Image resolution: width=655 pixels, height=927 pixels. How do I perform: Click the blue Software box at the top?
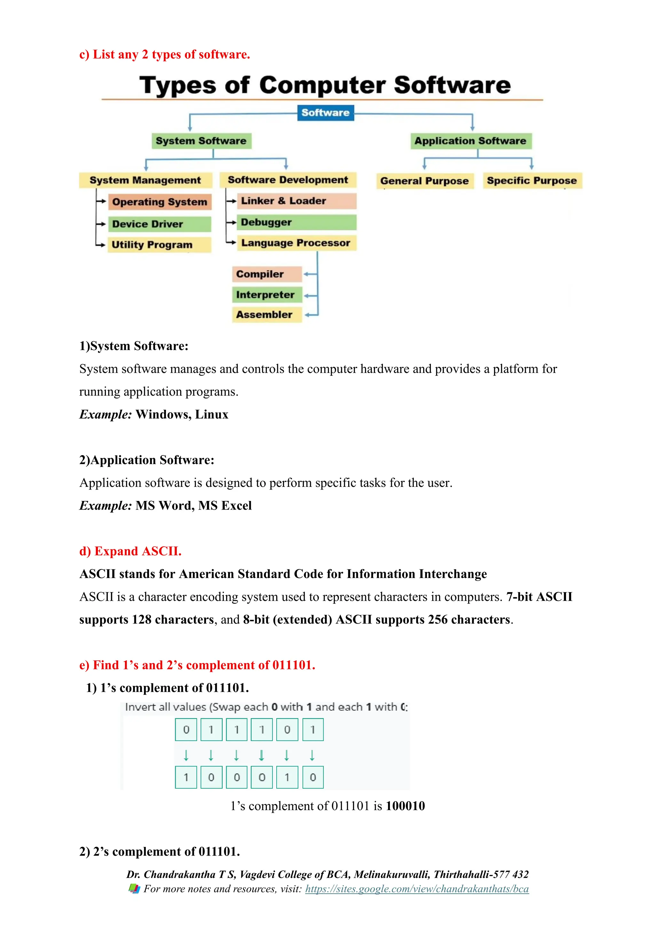tap(326, 113)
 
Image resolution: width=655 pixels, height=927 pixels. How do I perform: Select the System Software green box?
tap(201, 141)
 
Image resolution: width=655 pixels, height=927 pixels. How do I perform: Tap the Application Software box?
tap(471, 141)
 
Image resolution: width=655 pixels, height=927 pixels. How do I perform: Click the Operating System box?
tap(160, 202)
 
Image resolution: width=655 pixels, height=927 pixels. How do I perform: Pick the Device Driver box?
tap(159, 224)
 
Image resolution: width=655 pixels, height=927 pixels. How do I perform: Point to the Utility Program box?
tap(159, 245)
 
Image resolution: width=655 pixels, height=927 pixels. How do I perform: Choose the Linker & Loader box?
tap(296, 201)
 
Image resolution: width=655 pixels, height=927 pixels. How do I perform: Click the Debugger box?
tap(296, 222)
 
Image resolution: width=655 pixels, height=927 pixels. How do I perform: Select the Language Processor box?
tap(296, 243)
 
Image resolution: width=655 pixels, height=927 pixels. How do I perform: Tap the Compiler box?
tap(267, 274)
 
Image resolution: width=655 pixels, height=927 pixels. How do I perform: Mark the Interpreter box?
tap(267, 295)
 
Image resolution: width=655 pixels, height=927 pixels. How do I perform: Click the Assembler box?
tap(267, 315)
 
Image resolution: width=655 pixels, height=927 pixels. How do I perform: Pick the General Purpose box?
tap(425, 181)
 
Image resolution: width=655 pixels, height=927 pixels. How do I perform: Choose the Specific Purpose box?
tap(532, 181)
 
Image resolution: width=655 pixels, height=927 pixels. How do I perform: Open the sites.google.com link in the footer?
tap(417, 889)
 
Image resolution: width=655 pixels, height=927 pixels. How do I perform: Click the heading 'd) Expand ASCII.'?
tap(130, 551)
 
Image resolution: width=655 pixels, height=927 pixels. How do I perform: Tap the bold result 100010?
tap(405, 806)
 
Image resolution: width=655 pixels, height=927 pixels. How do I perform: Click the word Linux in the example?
tap(212, 415)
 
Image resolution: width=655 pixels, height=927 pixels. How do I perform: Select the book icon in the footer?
tap(134, 889)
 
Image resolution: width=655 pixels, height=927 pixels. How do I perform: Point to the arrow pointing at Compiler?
tap(310, 274)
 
